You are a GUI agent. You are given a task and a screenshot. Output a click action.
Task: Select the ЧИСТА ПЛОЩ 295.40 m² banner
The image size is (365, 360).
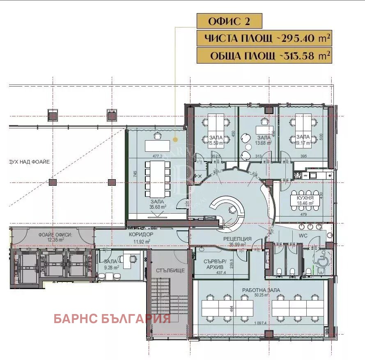[264, 39]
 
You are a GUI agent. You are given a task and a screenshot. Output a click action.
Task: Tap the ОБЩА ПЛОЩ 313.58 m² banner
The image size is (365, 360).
[264, 56]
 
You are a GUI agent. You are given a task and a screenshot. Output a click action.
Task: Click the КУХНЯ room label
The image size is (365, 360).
[305, 197]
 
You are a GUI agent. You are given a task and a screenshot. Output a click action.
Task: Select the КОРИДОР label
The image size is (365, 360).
[141, 235]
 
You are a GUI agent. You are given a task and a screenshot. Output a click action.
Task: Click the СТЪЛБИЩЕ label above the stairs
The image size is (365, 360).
[168, 271]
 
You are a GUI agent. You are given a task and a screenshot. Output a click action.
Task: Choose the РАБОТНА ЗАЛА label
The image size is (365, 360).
[261, 290]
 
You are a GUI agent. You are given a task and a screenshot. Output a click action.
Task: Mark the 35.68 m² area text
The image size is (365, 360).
[158, 207]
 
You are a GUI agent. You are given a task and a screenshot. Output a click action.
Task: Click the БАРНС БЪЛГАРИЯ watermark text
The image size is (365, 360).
[112, 319]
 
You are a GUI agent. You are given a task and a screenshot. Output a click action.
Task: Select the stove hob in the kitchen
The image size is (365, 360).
[298, 175]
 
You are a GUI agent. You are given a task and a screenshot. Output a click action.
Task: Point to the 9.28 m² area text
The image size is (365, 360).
[111, 267]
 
